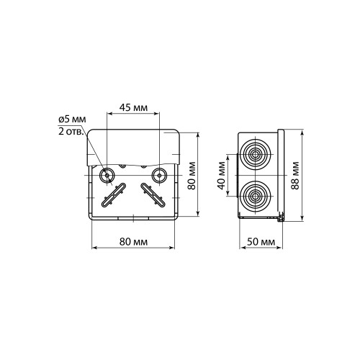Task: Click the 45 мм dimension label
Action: coord(133,108)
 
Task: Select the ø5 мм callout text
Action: coord(72,120)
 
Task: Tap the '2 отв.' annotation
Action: coord(71,131)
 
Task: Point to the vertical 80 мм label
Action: coord(192,176)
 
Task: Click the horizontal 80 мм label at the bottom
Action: coord(133,242)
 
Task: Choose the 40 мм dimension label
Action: coord(222,176)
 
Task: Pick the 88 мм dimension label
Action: coord(295,176)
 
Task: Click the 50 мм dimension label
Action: coord(261,242)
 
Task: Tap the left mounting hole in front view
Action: coord(107,176)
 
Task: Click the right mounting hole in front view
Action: coord(159,176)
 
